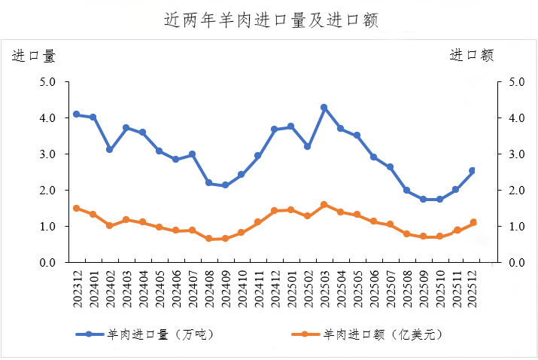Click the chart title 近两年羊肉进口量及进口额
(x=270, y=20)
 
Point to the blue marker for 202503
(x=324, y=108)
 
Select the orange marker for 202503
(x=324, y=204)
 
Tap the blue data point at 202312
(x=76, y=114)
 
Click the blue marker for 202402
(x=109, y=150)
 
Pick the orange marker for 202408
(x=208, y=239)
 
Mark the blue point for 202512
(x=473, y=171)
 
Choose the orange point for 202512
(x=473, y=222)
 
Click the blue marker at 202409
(x=225, y=185)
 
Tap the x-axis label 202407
(x=192, y=287)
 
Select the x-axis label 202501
(x=290, y=287)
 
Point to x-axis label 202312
(x=76, y=287)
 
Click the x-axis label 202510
(x=439, y=287)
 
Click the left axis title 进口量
(x=34, y=55)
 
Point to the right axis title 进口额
(x=472, y=55)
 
